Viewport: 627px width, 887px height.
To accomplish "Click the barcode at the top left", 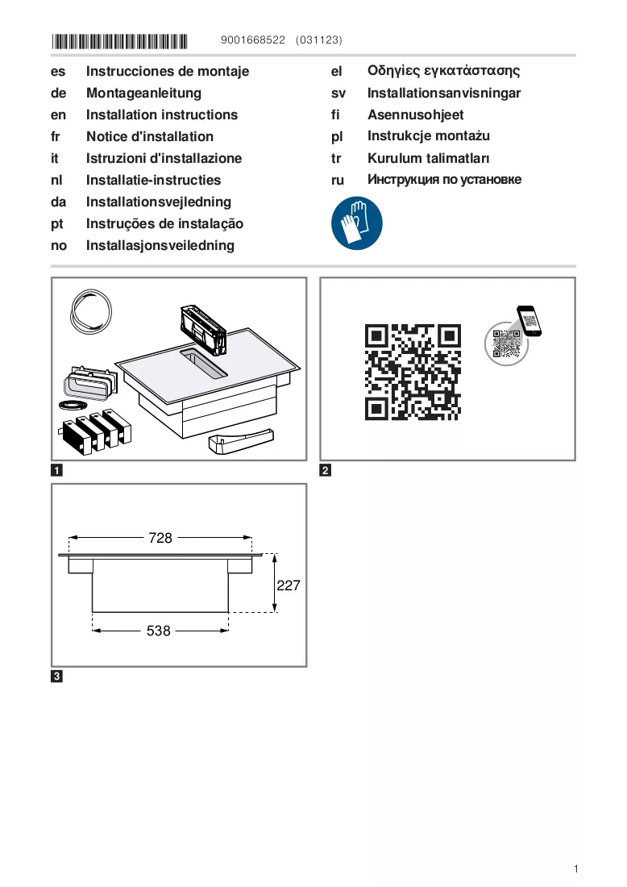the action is click(119, 41).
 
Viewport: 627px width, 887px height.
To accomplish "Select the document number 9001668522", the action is click(253, 40).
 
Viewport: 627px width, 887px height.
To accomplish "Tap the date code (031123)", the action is click(319, 40).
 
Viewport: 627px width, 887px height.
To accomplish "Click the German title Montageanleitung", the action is click(143, 93).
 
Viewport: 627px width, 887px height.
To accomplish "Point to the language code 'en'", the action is click(58, 115).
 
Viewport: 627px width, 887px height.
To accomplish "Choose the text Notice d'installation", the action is click(150, 136).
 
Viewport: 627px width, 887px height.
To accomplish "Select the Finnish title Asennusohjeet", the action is click(416, 115).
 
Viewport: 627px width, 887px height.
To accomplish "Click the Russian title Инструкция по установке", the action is click(444, 179).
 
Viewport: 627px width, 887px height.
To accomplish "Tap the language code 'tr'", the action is click(336, 158).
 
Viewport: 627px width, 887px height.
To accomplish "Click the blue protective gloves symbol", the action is click(357, 223).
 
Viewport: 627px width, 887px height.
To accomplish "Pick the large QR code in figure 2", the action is click(413, 372).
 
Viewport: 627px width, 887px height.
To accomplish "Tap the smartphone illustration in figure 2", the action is click(529, 321).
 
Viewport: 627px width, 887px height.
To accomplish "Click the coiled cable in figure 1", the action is click(91, 311).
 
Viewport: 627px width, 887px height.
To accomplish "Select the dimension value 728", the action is click(160, 537).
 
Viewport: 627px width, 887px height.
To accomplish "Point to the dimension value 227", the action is click(289, 585).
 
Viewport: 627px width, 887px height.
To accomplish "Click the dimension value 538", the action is click(158, 631).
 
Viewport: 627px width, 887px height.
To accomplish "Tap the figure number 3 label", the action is click(56, 676).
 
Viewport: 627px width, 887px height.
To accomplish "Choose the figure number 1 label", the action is click(56, 470).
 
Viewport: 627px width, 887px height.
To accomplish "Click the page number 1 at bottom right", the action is click(576, 869).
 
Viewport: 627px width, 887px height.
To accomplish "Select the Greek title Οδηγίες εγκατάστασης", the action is click(444, 71).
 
